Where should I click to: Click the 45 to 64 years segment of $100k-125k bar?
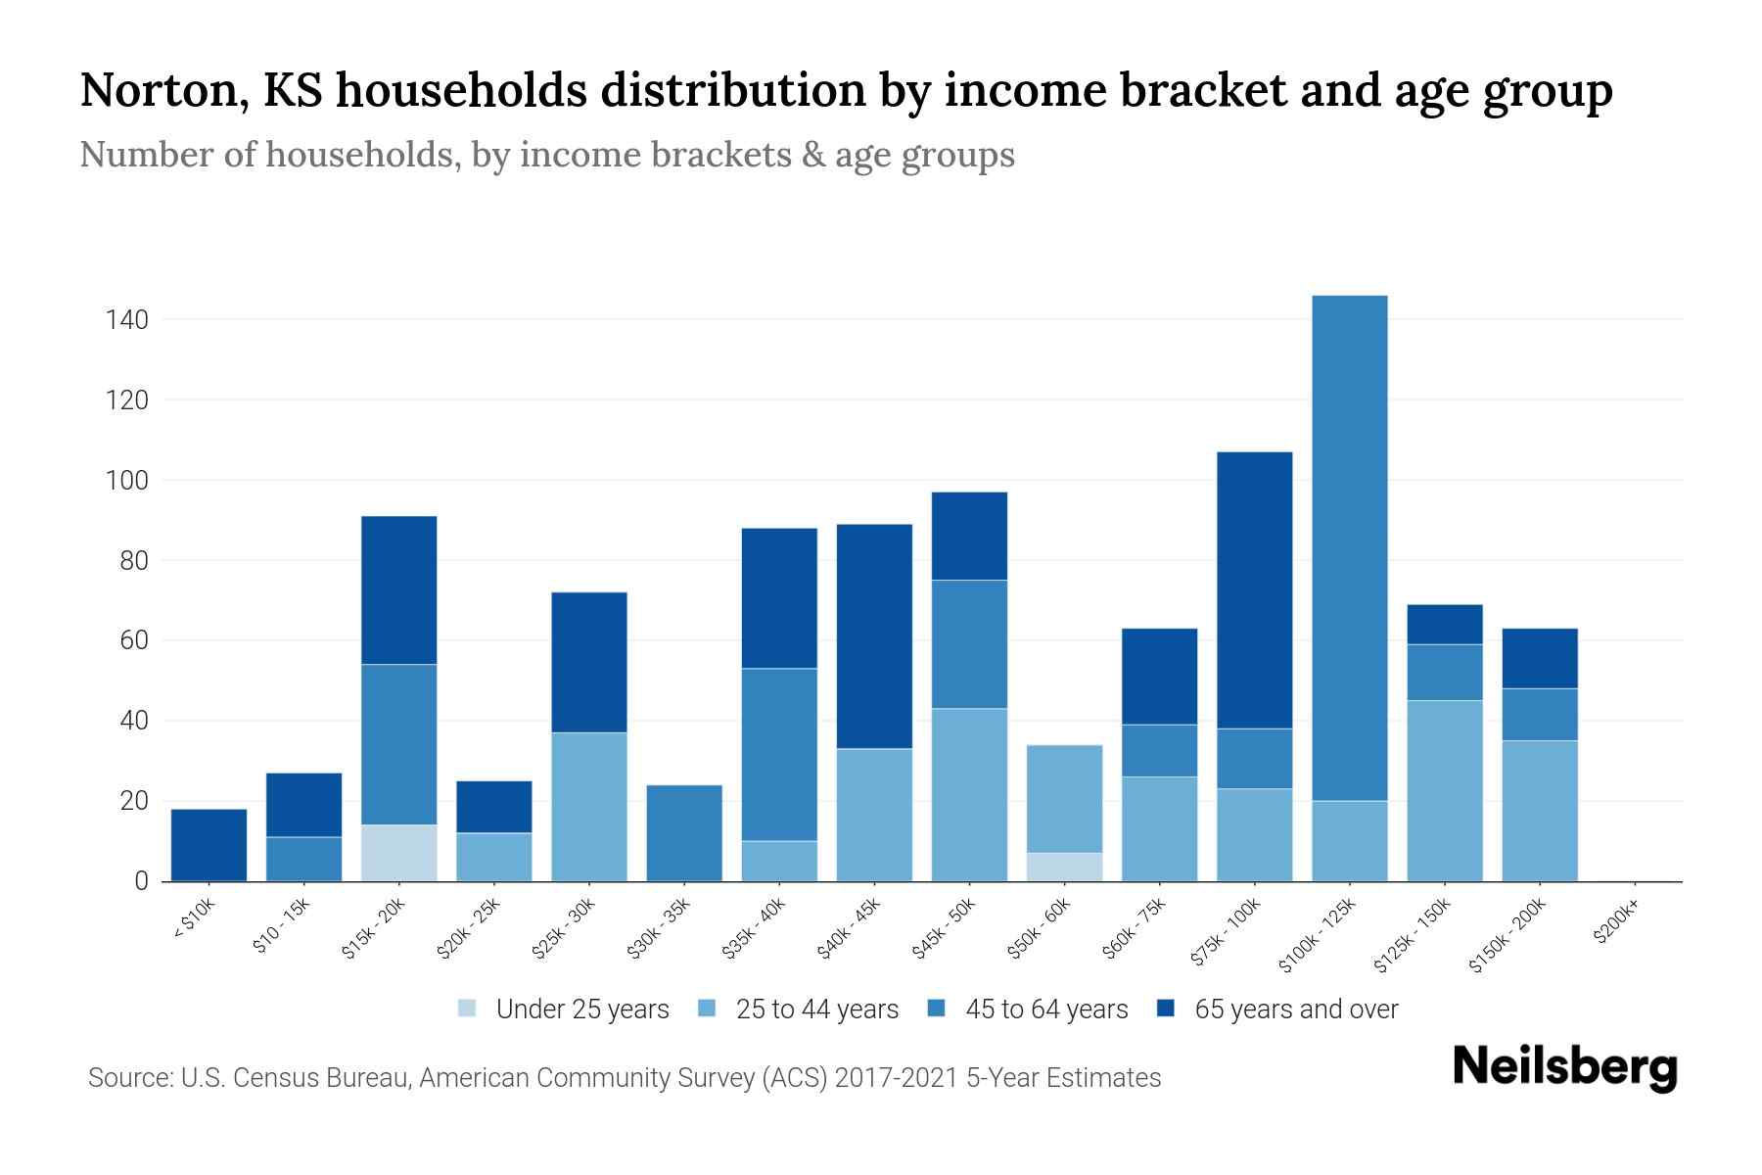coord(1349,548)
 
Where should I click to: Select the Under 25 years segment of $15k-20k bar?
coord(399,853)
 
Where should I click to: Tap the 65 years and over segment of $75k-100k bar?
coord(1254,589)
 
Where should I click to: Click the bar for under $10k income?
coord(209,845)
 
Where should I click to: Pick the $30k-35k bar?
coord(684,833)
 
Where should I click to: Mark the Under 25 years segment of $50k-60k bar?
coord(1064,867)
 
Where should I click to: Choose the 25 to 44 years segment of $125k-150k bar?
coord(1444,790)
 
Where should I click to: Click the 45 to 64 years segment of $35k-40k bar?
coord(779,754)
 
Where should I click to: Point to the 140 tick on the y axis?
coord(127,320)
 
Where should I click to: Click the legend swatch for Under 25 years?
coord(467,1009)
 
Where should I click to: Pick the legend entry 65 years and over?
coord(1295,1010)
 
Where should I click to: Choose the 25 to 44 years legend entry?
coord(816,1010)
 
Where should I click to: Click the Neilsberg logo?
coord(1564,1066)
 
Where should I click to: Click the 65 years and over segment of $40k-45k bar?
coord(874,636)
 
